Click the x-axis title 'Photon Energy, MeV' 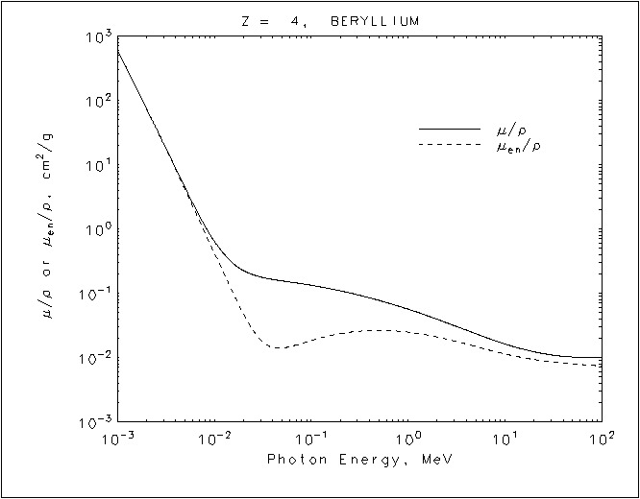pyautogui.click(x=358, y=460)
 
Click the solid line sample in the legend pyautogui.click(x=448, y=129)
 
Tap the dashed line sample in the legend pyautogui.click(x=448, y=145)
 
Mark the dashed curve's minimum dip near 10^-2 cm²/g pyautogui.click(x=276, y=347)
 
